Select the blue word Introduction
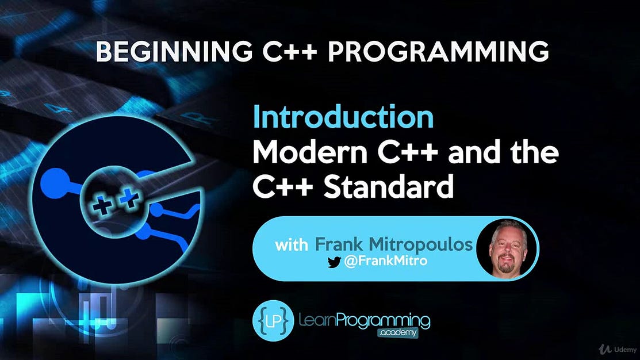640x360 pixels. (343, 118)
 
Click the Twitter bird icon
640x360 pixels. (334, 262)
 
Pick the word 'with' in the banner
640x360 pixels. (292, 246)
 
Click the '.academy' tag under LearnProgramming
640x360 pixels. (397, 332)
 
